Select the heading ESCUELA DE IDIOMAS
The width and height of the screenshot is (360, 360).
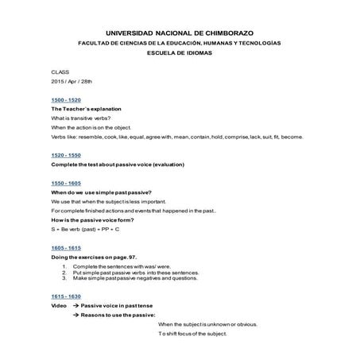[180, 52]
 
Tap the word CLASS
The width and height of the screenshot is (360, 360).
[60, 72]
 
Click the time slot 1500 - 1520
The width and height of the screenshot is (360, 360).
[65, 99]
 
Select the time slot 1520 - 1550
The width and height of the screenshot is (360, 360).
[65, 154]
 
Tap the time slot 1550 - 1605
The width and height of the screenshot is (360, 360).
[65, 183]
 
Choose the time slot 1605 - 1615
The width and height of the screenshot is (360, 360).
[65, 247]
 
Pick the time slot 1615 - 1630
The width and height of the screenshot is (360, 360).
[65, 296]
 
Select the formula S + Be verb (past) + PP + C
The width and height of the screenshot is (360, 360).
[85, 229]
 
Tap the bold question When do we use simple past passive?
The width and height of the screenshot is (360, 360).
[101, 192]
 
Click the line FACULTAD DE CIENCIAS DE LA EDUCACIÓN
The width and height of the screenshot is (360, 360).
[180, 42]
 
